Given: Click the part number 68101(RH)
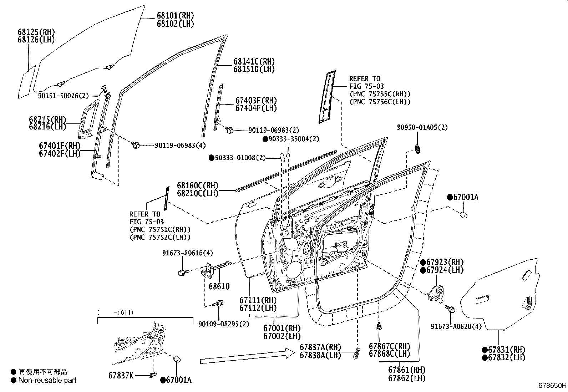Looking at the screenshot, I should tap(175, 16).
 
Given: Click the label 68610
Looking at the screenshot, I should tap(219, 286).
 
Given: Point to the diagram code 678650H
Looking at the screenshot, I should tap(552, 386).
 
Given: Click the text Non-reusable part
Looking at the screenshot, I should tap(47, 381).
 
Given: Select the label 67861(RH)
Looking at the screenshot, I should tap(407, 370).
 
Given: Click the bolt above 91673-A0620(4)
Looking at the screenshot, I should tap(451, 309).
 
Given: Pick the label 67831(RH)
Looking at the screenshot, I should tap(502, 350).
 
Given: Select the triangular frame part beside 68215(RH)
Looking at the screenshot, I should tap(87, 119).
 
